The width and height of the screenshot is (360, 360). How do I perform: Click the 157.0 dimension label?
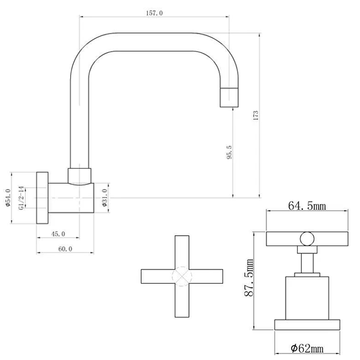coord(154,13)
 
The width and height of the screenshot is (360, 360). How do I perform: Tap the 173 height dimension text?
coord(256,115)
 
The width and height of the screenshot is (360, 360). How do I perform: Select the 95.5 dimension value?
coord(229,152)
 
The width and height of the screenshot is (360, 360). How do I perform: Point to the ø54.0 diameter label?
coord(8,197)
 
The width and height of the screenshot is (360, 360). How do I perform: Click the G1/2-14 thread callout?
coord(21,198)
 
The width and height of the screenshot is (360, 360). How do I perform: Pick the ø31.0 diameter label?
coord(104,197)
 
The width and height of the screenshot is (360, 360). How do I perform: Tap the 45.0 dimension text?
coord(58,234)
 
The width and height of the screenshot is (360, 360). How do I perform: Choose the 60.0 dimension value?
coord(65,249)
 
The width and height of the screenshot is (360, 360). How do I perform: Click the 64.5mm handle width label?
coord(307,206)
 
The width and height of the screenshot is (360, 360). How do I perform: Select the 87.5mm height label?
coord(249,277)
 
